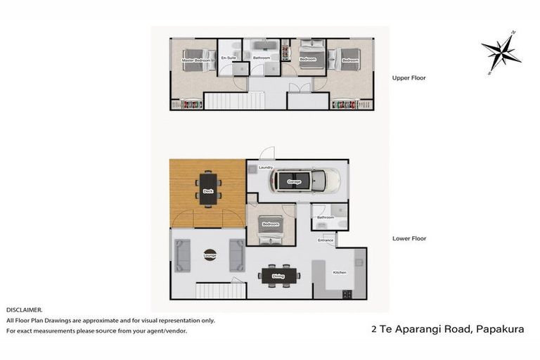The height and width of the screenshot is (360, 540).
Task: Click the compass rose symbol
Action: pyautogui.click(x=501, y=52)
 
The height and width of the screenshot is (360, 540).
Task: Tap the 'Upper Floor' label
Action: pyautogui.click(x=409, y=78)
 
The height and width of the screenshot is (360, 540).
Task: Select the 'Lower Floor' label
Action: pyautogui.click(x=409, y=238)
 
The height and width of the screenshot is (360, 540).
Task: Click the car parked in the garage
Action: pyautogui.click(x=305, y=181)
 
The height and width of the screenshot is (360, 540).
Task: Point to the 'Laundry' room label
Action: pyautogui.click(x=265, y=167)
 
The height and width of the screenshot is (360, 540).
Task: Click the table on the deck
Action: pyautogui.click(x=208, y=188)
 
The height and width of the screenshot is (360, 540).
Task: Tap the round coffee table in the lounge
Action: pyautogui.click(x=210, y=255)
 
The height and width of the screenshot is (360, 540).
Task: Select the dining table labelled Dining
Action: pyautogui.click(x=278, y=276)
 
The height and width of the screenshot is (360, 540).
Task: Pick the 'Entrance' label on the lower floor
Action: pyautogui.click(x=326, y=240)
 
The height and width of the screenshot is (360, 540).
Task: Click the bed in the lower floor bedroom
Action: pyautogui.click(x=271, y=227)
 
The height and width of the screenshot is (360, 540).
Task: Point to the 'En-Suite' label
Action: pyautogui.click(x=228, y=58)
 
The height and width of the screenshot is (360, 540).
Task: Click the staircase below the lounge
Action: pyautogui.click(x=220, y=290)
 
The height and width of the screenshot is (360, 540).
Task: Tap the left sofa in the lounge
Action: pyautogui.click(x=183, y=255)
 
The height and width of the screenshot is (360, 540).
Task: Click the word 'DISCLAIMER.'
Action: pyautogui.click(x=25, y=309)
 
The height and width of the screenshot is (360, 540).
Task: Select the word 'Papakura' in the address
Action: pyautogui.click(x=500, y=328)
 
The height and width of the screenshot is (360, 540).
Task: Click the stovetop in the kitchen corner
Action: pyautogui.click(x=347, y=294)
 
